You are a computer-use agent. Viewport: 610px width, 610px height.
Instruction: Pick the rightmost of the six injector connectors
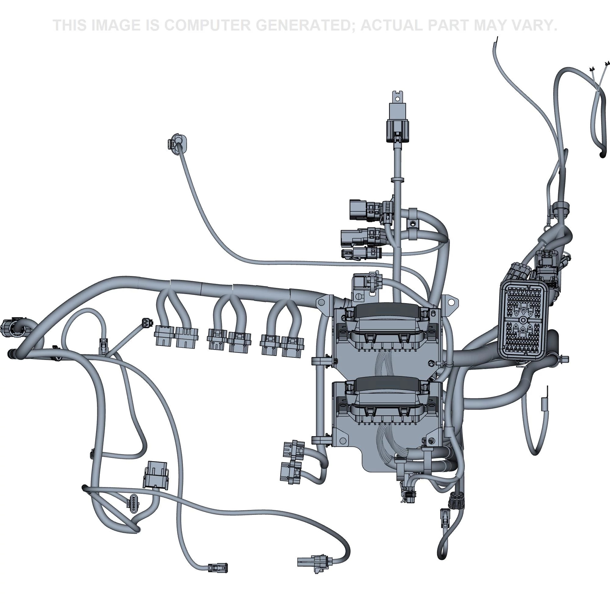pyautogui.click(x=292, y=346)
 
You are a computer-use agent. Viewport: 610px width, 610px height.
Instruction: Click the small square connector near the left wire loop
pyautogui.click(x=147, y=322)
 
